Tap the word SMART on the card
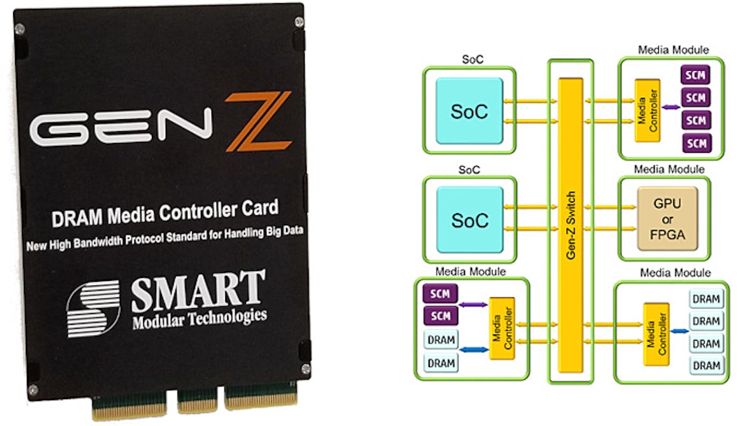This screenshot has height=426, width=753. [x=198, y=290]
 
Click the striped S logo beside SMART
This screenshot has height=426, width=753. [x=93, y=308]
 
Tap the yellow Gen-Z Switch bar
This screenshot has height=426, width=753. [x=570, y=220]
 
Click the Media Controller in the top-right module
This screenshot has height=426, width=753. [x=646, y=110]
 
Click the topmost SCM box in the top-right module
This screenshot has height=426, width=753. [x=695, y=76]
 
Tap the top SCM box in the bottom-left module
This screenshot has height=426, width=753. [x=441, y=293]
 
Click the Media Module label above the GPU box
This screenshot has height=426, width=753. [x=670, y=169]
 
